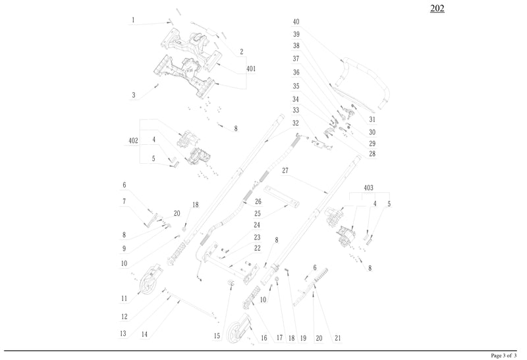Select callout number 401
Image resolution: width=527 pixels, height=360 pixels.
[251, 68]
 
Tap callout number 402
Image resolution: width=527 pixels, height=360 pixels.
[133, 141]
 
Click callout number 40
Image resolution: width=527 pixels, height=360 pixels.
[296, 22]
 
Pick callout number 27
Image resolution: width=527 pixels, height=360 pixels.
[285, 170]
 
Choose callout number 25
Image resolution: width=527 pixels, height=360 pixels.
[258, 213]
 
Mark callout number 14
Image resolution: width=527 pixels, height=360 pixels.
[144, 335]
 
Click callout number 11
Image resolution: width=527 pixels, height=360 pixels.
[123, 298]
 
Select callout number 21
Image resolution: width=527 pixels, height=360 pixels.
[337, 338]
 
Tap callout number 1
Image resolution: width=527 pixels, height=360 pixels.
[133, 20]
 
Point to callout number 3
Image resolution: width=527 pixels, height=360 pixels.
[133, 95]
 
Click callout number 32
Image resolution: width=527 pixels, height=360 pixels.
[296, 122]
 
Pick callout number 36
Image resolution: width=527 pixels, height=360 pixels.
[296, 72]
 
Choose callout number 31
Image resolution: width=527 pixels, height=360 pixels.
[372, 119]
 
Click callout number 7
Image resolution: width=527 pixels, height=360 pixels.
[123, 201]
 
